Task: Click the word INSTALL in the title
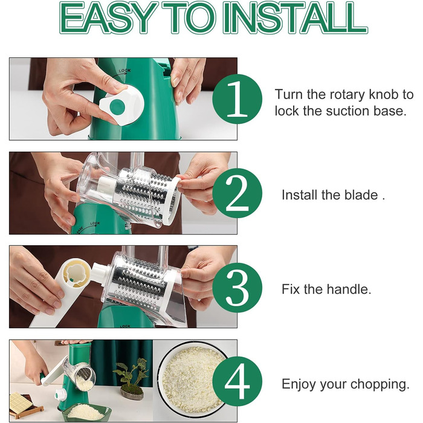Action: [x=295, y=18]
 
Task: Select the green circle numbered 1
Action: [x=237, y=99]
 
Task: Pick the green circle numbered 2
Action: [x=237, y=193]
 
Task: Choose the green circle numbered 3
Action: [x=237, y=288]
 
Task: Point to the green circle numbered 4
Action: [x=237, y=381]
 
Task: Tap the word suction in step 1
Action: [x=347, y=111]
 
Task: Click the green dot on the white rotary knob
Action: [x=117, y=106]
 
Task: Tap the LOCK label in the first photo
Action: [x=124, y=71]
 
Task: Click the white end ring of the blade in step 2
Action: [x=172, y=201]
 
